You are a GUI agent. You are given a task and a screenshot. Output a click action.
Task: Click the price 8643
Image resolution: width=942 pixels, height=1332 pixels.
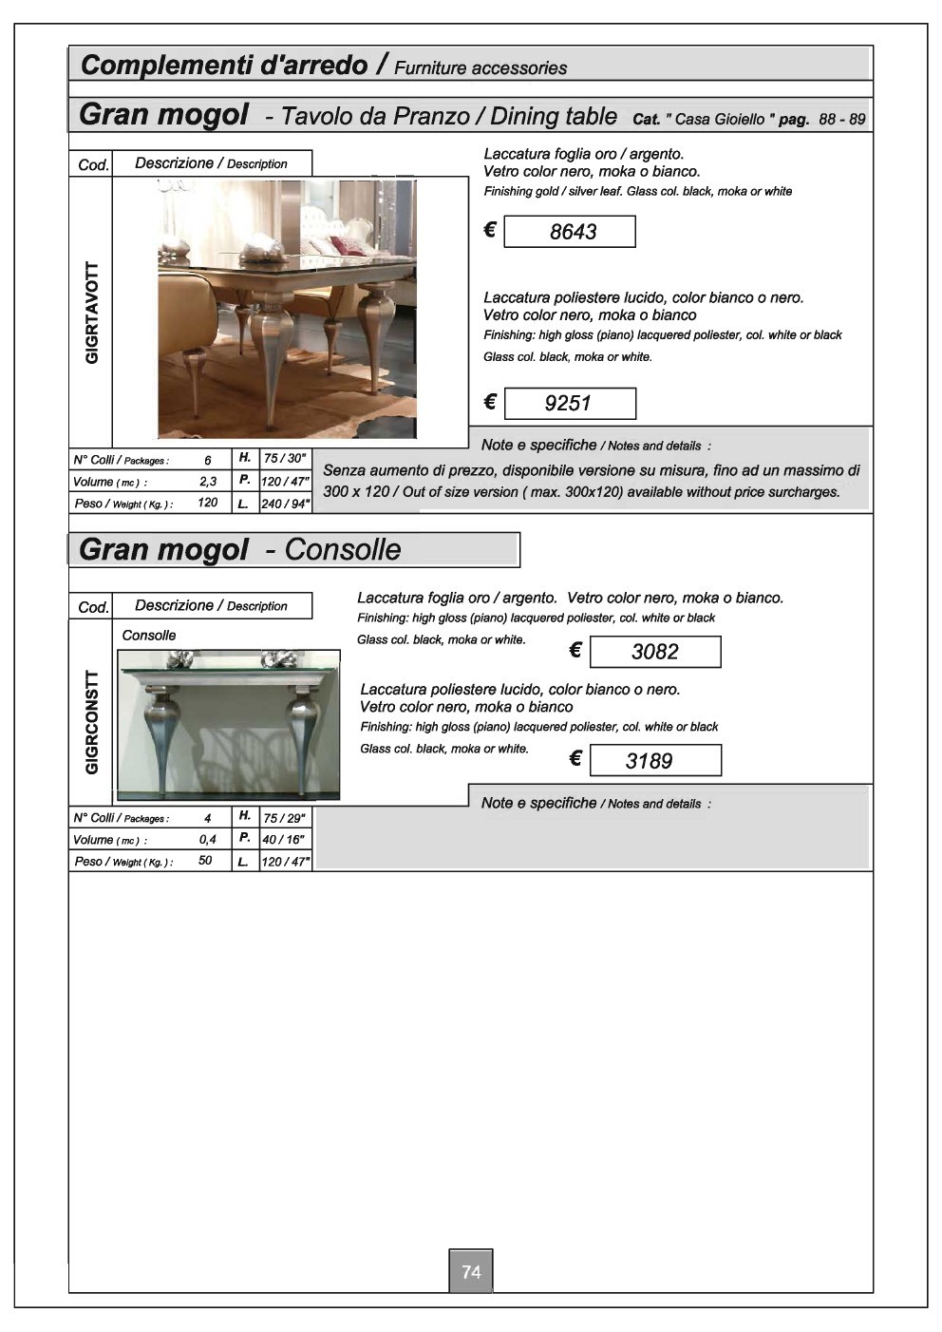(573, 231)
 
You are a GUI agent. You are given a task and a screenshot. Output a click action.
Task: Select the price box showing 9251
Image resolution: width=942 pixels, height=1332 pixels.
(570, 403)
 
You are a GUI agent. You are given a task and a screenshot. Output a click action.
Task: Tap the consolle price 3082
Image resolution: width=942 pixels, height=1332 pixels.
(655, 652)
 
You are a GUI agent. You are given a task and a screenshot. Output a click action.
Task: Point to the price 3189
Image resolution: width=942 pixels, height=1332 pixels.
(649, 761)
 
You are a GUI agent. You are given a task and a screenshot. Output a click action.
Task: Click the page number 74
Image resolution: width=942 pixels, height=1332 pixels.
(471, 1271)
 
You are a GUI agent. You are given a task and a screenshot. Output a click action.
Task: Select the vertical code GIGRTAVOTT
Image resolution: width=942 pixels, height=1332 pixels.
(91, 313)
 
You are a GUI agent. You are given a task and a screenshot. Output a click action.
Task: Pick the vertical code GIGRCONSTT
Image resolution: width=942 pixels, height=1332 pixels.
(91, 723)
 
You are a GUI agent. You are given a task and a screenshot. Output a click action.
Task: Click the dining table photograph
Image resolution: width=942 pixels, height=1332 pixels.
(287, 309)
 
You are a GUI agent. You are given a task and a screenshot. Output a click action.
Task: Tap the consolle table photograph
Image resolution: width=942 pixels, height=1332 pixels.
(229, 725)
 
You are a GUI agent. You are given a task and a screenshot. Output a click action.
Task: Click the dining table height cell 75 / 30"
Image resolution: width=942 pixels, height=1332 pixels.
(285, 458)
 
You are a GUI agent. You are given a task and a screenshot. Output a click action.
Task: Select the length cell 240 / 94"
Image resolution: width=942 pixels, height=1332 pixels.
(285, 504)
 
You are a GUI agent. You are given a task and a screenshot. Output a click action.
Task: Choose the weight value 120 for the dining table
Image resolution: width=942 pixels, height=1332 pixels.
(207, 503)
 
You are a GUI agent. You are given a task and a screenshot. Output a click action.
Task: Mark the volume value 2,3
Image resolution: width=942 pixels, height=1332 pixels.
(208, 481)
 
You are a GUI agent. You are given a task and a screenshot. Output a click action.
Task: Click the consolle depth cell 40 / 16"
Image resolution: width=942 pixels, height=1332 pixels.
(284, 840)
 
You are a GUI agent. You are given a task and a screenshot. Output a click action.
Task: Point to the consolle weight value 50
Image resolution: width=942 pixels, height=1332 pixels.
(205, 861)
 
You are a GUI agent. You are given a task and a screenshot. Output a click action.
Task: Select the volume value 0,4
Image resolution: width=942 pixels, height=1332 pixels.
(207, 839)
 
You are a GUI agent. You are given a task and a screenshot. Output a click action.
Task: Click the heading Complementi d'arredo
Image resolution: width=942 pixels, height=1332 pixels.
(224, 65)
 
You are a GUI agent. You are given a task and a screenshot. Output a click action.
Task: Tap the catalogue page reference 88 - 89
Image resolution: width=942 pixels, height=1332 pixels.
(841, 119)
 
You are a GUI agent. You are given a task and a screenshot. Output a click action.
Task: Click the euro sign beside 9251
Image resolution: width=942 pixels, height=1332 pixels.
(490, 403)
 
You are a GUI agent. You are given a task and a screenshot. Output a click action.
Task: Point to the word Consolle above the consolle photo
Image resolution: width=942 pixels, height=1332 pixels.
(148, 635)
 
